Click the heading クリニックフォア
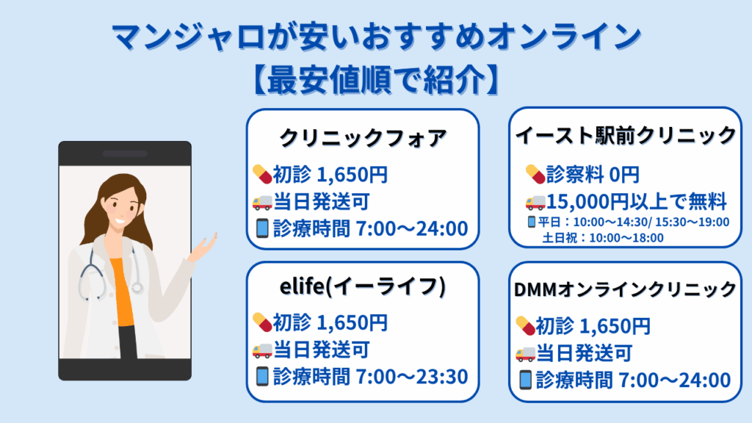pos(363,138)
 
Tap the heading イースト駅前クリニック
pos(626,135)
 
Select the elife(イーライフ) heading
pos(363,287)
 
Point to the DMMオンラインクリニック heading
pos(625,289)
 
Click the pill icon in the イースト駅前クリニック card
pos(535,174)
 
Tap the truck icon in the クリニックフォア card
pos(262,202)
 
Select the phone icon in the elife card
pos(262,377)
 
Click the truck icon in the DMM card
pos(524,354)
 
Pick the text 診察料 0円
pos(593,175)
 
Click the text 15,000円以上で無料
pos(637,202)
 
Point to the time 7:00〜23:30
pos(412,377)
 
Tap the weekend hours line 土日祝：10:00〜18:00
pos(603,238)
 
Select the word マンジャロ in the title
pos(188,37)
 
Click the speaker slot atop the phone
pos(125,154)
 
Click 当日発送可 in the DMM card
pos(584,354)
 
